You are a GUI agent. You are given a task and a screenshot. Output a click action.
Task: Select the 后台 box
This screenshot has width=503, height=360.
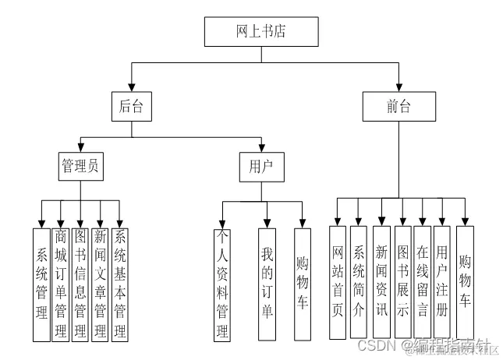tap(130, 107)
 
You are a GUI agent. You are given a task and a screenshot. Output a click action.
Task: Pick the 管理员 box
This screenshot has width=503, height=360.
tap(82, 166)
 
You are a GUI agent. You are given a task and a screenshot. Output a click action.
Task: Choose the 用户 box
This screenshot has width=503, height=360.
tap(261, 166)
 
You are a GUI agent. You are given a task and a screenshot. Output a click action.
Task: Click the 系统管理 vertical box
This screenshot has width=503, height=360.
tap(41, 284)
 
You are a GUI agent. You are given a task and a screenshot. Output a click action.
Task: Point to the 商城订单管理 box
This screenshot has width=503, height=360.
tap(61, 284)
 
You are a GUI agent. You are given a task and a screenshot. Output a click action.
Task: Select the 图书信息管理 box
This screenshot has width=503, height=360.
tap(80, 284)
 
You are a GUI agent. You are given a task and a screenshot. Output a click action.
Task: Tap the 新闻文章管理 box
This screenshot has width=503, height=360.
tap(100, 284)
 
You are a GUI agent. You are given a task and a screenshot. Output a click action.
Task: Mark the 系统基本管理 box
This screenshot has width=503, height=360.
tap(119, 284)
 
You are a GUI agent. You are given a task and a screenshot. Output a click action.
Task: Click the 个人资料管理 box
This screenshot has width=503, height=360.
tap(222, 284)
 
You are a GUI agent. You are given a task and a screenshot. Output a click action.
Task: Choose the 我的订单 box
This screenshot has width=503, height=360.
tap(267, 284)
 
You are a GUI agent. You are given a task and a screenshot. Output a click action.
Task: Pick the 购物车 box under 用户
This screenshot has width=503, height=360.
tap(303, 284)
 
